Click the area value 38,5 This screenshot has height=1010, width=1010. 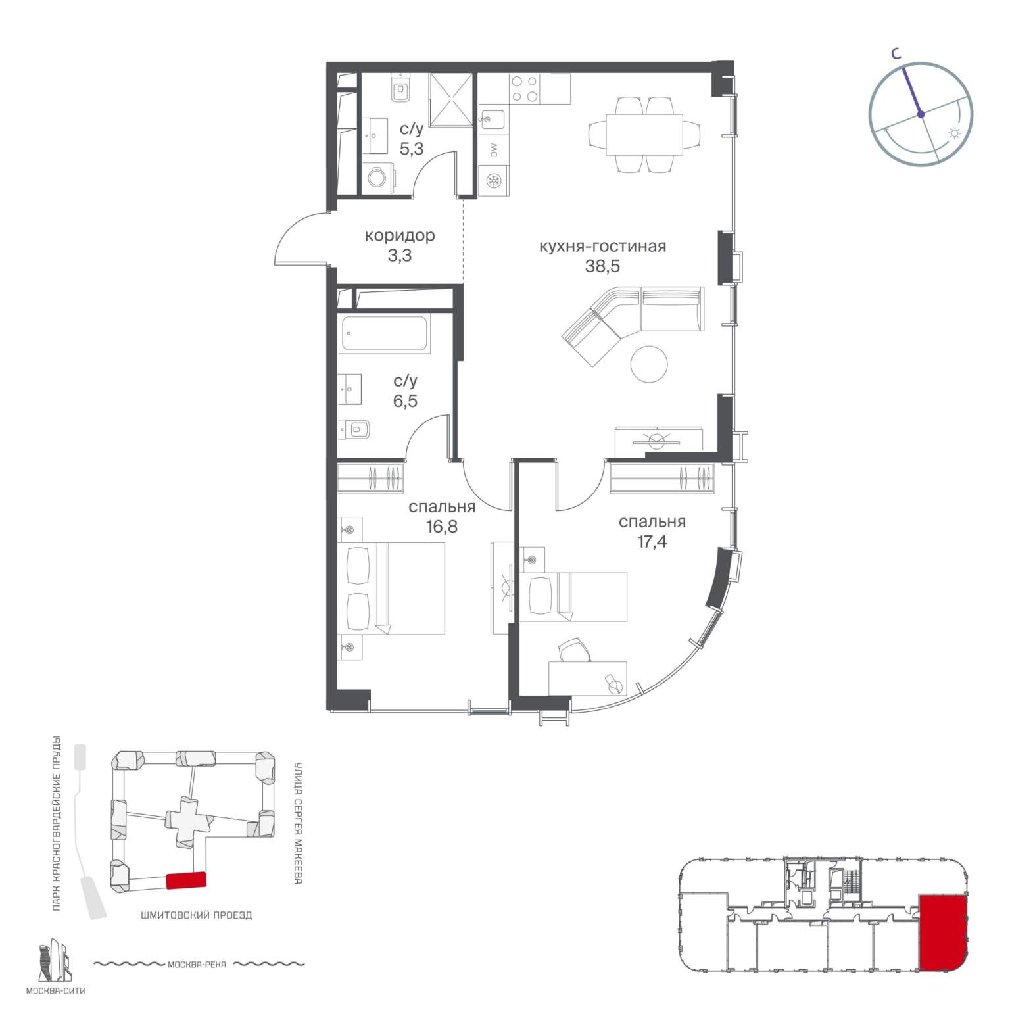(602, 266)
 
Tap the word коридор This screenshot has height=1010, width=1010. (400, 235)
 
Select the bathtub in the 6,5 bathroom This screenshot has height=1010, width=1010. (385, 335)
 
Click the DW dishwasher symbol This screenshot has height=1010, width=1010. (494, 150)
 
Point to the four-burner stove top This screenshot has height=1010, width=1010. (525, 89)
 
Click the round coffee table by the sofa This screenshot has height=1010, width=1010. (649, 364)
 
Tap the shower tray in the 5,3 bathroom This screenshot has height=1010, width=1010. (451, 99)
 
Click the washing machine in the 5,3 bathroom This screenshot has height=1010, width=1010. (379, 178)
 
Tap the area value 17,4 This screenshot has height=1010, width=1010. (652, 542)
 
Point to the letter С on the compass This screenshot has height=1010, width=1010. (896, 55)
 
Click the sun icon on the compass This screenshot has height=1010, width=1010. (954, 134)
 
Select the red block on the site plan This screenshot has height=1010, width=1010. (186, 880)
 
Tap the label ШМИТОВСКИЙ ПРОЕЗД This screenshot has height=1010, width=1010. (196, 915)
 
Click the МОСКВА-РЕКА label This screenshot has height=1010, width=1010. (197, 965)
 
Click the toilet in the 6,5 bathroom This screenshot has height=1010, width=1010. (354, 430)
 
